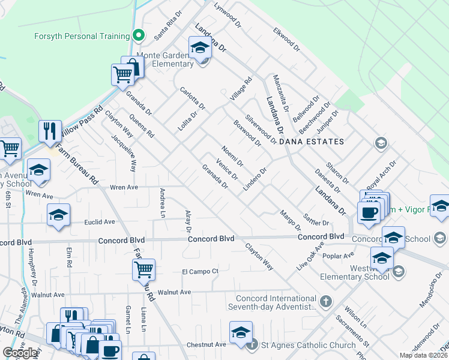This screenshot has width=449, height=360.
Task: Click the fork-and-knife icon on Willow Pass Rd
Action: pyautogui.click(x=50, y=131)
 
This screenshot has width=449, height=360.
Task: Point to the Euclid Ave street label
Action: pyautogui.click(x=100, y=221)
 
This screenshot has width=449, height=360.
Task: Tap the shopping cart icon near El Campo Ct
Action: pyautogui.click(x=143, y=270)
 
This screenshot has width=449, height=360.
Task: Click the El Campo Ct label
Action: pyautogui.click(x=200, y=271)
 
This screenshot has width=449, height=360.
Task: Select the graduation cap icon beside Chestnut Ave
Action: pyautogui.click(x=241, y=332)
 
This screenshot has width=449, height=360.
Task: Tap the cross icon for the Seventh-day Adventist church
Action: pyautogui.click(x=325, y=301)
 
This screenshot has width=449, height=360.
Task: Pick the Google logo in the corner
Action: pyautogui.click(x=20, y=353)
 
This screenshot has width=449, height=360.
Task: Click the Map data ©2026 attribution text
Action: pyautogui.click(x=424, y=355)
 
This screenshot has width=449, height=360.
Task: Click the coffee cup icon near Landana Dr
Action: pyautogui.click(x=368, y=212)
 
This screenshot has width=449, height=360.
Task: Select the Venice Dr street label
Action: pyautogui.click(x=228, y=169)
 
